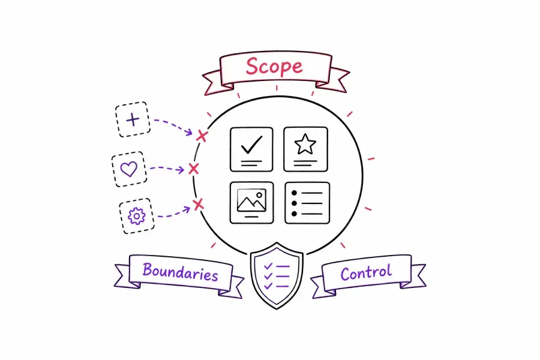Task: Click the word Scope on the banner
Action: pos(274,67)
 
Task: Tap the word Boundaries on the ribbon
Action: pos(180,272)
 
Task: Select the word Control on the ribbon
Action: pos(366,272)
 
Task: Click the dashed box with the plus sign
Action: pos(133,119)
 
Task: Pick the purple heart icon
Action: pos(129,169)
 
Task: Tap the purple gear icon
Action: pos(137,216)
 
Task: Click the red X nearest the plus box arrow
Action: pos(202,136)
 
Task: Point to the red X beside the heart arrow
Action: pos(194,169)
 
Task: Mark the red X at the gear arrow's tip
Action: pos(199,204)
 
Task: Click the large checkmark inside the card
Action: pos(252,145)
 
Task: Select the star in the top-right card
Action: pos(305,144)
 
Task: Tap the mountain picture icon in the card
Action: pos(252,200)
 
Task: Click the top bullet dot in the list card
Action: pos(294,193)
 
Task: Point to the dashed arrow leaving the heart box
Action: pos(167,169)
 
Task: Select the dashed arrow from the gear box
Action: pos(174,213)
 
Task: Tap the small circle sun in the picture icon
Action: pos(259,195)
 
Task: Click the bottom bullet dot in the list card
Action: pos(294,214)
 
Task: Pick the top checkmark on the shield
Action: pos(268,266)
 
